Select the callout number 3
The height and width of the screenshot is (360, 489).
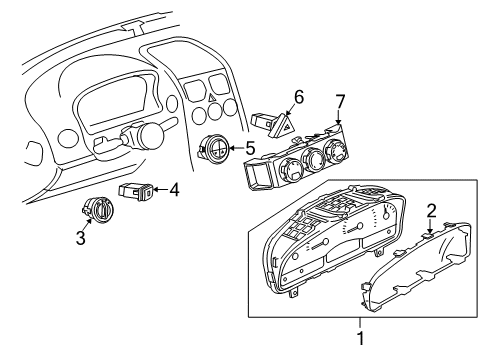(81, 238)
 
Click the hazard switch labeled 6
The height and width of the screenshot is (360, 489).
(276, 124)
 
